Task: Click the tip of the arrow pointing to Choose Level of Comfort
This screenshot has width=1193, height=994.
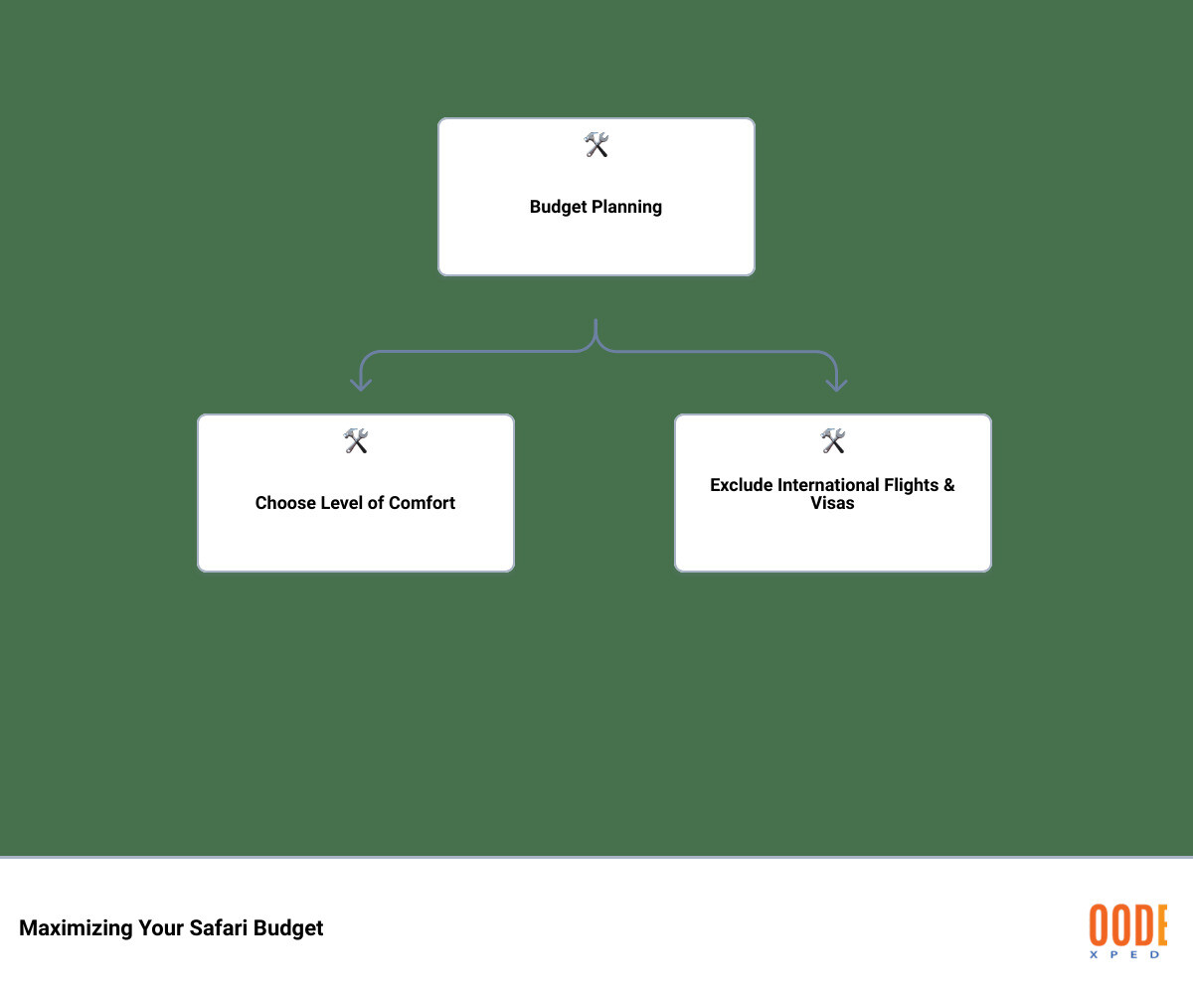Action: [x=361, y=391]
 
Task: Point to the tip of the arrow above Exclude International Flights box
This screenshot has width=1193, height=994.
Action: [x=836, y=392]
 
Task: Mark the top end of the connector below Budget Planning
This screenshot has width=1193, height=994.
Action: [x=596, y=319]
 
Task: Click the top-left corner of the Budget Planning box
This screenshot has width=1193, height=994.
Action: [x=438, y=118]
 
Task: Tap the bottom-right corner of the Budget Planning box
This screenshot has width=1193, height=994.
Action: [x=755, y=275]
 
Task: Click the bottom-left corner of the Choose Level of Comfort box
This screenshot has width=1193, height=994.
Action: [x=198, y=572]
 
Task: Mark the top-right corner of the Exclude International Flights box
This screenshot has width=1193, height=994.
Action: [x=991, y=414]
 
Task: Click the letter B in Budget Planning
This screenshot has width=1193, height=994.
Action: [x=535, y=206]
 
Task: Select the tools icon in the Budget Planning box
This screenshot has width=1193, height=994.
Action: [x=596, y=145]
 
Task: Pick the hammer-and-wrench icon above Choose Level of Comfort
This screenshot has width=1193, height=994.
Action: [x=356, y=441]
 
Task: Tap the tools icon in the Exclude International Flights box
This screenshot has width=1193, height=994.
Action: [x=833, y=441]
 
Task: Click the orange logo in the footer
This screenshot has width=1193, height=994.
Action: [x=1127, y=924]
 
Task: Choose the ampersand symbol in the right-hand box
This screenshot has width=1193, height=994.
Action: [x=949, y=485]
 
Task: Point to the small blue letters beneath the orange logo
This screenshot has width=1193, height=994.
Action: [x=1124, y=954]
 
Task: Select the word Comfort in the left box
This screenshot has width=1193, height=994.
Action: [x=423, y=503]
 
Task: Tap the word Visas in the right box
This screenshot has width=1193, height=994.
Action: [x=832, y=503]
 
